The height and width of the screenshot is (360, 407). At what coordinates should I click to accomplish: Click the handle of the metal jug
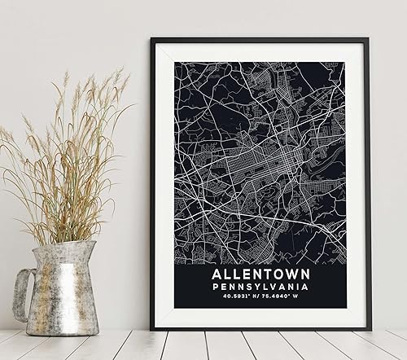[x=22, y=293]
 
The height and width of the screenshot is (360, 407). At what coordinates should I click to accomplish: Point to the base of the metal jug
[x=65, y=330]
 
